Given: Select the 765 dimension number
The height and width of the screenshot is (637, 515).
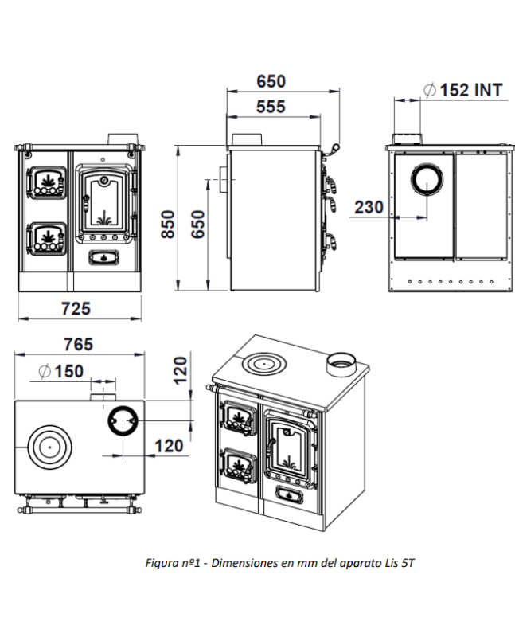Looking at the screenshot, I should click(x=77, y=344).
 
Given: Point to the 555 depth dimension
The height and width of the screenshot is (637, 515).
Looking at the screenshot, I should click(x=271, y=107).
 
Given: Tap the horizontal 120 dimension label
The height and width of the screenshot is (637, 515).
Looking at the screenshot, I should click(x=169, y=446).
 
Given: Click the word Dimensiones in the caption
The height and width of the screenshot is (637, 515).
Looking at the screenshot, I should click(x=244, y=563).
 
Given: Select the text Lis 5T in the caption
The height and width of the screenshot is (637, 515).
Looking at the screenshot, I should click(x=400, y=563).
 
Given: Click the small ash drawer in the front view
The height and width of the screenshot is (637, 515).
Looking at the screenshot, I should click(x=103, y=257).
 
